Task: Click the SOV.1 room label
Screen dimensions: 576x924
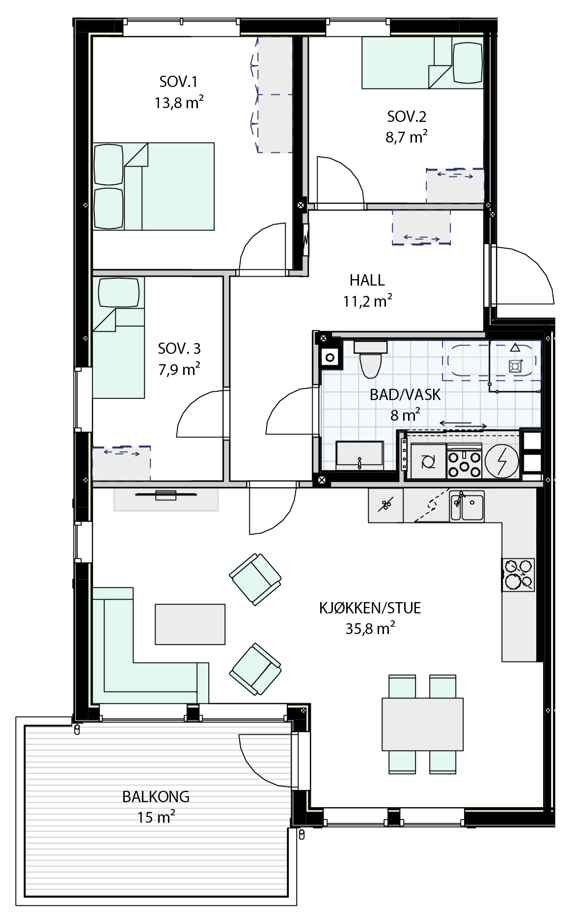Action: point(178,82)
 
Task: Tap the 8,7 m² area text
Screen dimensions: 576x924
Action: point(407,137)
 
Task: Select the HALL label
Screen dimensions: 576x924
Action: point(367,280)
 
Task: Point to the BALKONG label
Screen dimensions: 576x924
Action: point(156,796)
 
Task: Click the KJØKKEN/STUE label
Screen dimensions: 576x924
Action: point(370,608)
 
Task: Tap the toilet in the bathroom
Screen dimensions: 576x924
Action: point(371,359)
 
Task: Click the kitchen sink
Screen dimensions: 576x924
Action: point(467,506)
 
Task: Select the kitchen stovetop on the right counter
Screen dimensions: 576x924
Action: point(518,575)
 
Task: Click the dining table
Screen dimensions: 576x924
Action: point(423,724)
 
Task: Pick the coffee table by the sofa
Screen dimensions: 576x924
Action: point(190,624)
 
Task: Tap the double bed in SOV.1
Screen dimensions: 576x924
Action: point(154,186)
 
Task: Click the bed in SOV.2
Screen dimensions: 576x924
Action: point(423,62)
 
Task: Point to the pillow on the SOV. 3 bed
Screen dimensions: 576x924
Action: point(119,293)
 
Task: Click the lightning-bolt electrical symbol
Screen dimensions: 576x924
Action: point(502,462)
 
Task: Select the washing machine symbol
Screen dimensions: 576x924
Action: point(429,462)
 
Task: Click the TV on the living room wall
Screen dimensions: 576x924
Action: point(166,494)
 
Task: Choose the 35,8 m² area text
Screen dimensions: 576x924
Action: point(370,629)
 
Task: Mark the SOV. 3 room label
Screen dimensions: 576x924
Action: point(179,348)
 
